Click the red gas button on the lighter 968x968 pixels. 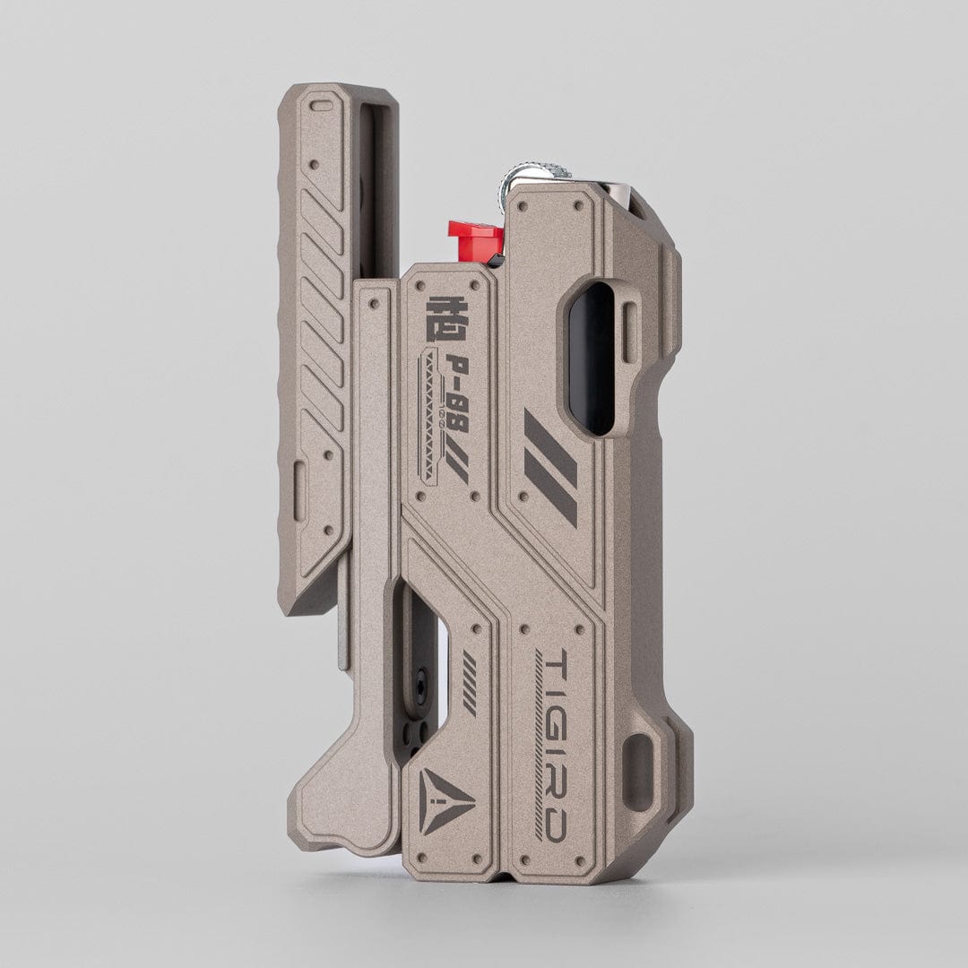475,241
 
